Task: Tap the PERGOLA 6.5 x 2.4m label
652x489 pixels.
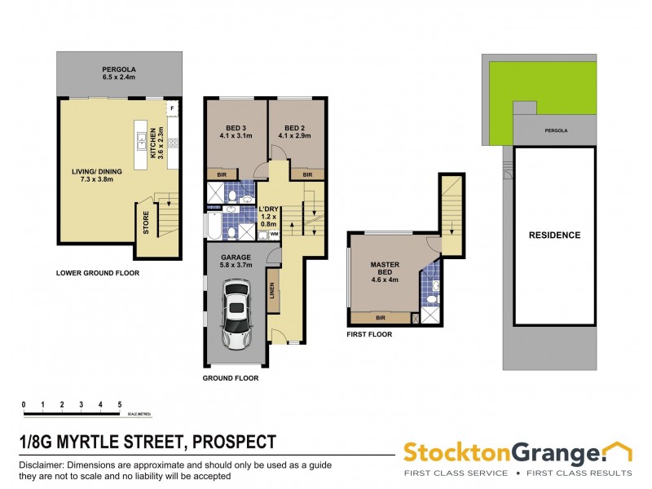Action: [x=118, y=73]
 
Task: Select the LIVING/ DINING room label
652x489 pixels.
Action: [x=93, y=176]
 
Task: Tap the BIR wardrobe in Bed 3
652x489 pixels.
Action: [x=222, y=174]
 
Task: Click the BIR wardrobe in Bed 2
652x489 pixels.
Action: [x=306, y=174]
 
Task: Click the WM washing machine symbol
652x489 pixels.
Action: [x=273, y=234]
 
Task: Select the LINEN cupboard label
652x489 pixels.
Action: [x=272, y=291]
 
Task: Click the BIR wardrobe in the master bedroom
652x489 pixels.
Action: [x=381, y=317]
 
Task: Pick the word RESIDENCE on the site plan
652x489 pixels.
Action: [x=554, y=236]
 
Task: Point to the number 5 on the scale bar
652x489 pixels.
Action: [x=120, y=404]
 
